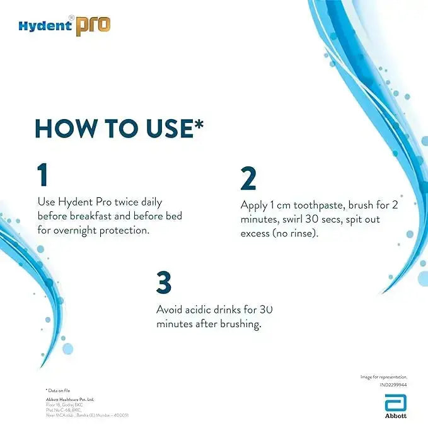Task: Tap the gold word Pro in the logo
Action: (93, 25)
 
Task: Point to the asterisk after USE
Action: (199, 122)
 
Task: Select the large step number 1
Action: (42, 175)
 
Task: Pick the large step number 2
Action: (248, 179)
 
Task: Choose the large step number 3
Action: (164, 283)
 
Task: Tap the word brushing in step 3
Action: (239, 323)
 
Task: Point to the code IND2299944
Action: (393, 384)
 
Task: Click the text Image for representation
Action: (384, 376)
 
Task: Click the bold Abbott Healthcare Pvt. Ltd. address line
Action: (70, 399)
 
